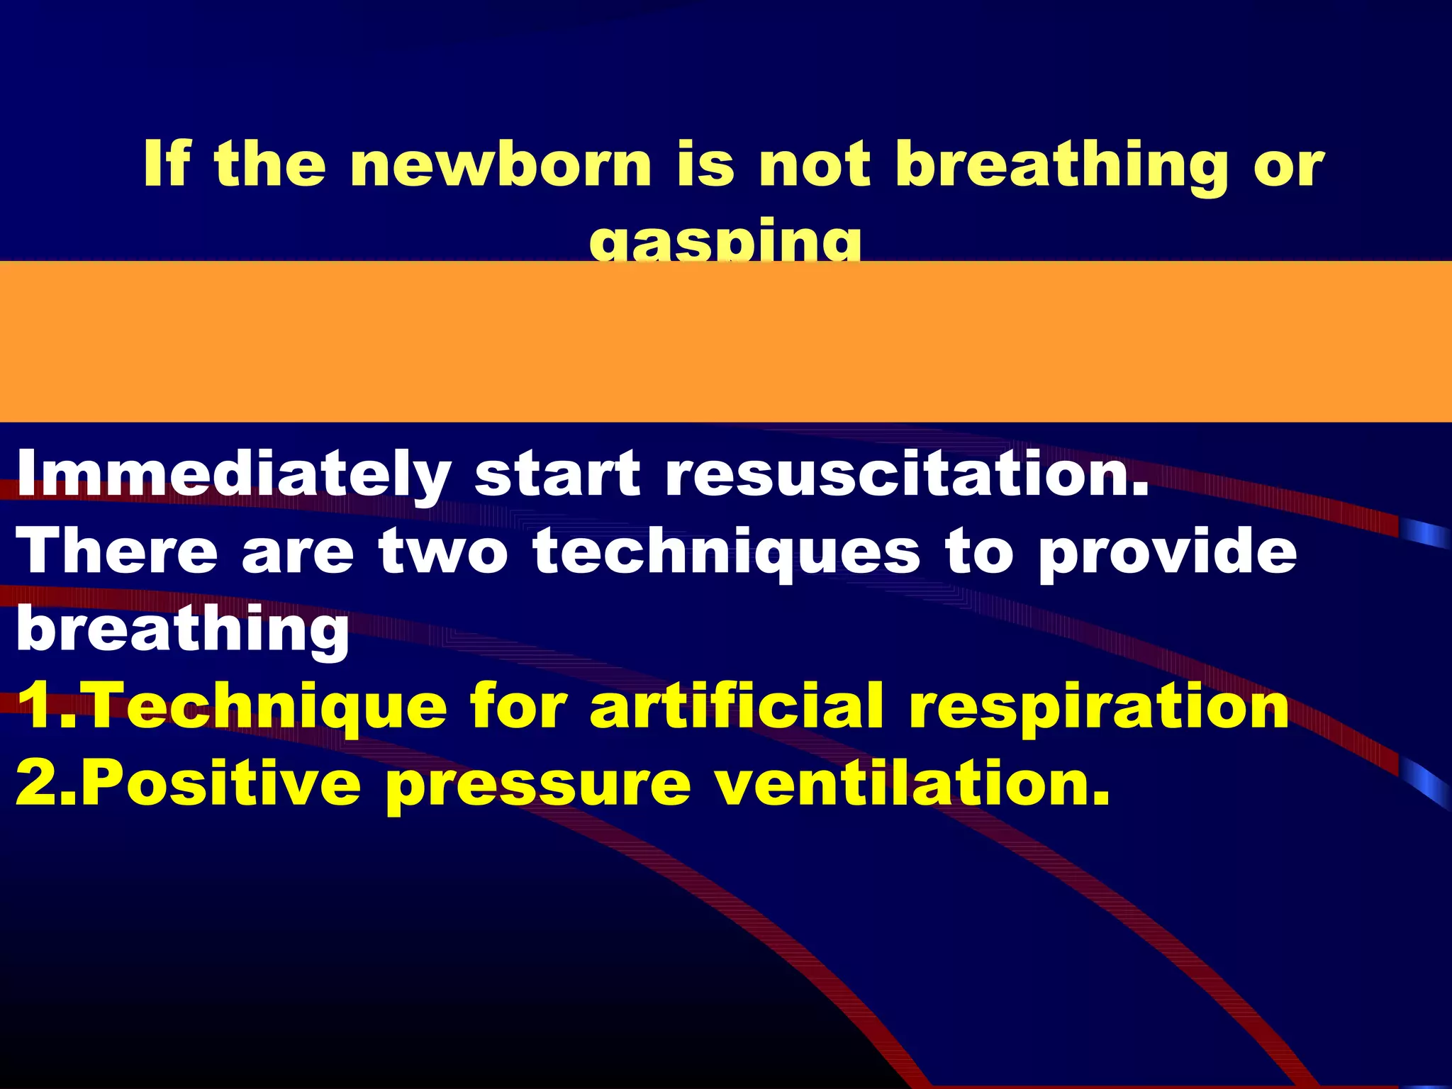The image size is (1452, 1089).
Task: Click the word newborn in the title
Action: coord(500,164)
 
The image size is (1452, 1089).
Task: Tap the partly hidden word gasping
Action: coord(725,242)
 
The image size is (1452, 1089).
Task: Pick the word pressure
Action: coord(539,786)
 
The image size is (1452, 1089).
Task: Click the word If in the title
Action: coord(166,164)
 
